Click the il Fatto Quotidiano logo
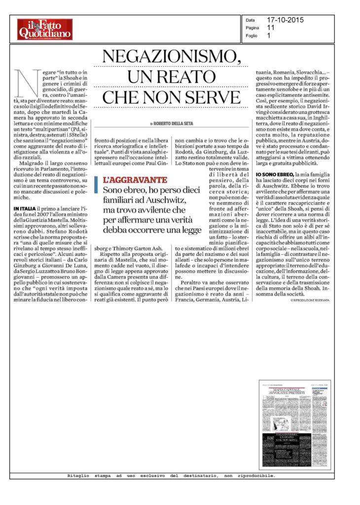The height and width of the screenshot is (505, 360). (45, 29)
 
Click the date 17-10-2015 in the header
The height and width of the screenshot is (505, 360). (286, 20)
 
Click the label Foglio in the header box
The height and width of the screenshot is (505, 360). (252, 36)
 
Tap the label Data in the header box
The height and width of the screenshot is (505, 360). (250, 20)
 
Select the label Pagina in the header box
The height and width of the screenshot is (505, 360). (252, 28)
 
